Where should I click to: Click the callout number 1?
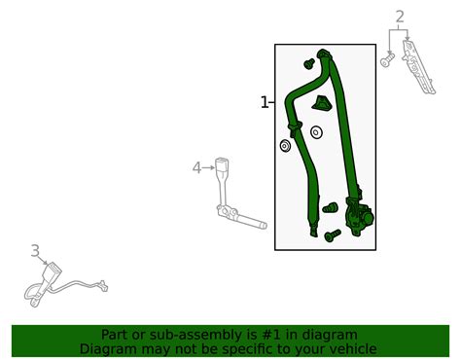click(x=265, y=102)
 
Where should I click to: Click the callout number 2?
click(x=400, y=17)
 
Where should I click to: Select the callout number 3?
click(x=35, y=251)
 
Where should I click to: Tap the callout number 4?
click(x=196, y=168)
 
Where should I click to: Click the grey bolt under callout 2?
click(x=387, y=60)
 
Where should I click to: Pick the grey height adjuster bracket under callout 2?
click(x=418, y=66)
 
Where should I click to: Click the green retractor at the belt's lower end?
click(x=359, y=217)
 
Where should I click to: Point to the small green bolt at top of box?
click(x=309, y=63)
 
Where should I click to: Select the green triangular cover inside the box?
click(x=322, y=103)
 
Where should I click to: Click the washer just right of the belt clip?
click(x=316, y=132)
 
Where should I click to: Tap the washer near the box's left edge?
click(x=285, y=146)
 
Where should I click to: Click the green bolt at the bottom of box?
click(x=333, y=235)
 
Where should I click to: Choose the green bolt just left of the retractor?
click(x=330, y=207)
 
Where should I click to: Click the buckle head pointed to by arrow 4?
click(x=222, y=166)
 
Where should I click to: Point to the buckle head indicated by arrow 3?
click(x=53, y=271)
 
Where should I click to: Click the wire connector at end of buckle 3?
click(x=103, y=286)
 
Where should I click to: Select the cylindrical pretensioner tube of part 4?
click(x=252, y=221)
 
